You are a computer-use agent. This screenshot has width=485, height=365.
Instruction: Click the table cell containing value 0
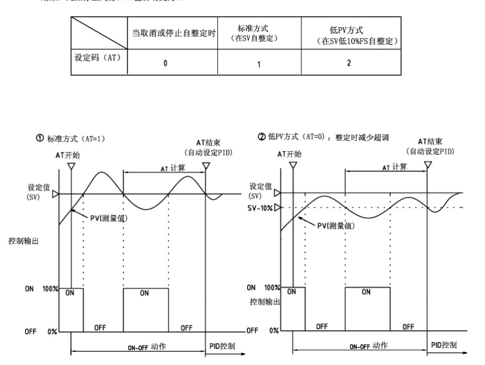[165, 63]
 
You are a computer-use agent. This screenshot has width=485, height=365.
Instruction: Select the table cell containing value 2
[348, 63]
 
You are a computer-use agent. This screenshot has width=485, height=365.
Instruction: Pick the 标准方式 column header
[257, 33]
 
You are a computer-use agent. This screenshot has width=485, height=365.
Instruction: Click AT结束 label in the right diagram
[430, 142]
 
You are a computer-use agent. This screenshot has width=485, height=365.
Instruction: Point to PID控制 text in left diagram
[222, 346]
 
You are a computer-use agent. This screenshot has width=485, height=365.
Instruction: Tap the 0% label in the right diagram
[275, 330]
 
